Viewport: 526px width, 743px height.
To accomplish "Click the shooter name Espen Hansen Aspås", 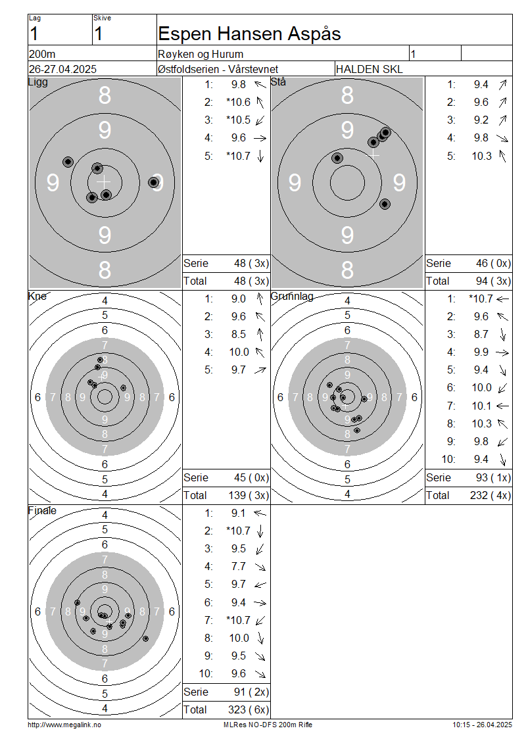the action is coord(249,34).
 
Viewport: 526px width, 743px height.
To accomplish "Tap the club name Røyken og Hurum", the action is coord(201,54).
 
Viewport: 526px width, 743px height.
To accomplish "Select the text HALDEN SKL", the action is coord(369,69).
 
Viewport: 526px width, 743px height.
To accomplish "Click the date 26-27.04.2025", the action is coord(62,69).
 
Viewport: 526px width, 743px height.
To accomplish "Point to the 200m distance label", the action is coord(42,54).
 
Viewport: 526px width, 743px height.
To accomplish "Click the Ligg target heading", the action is coord(38,82).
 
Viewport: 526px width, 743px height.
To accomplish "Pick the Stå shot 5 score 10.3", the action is coord(481,156).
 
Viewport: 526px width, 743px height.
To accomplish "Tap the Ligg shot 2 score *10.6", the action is coord(239,102).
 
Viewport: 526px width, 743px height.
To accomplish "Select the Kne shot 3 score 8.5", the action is coord(239,334).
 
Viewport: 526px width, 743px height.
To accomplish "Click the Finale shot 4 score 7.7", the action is coord(239,566).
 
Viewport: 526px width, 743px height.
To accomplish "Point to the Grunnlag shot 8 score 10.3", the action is coord(481,423).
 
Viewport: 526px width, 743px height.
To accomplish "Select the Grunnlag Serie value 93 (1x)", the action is coord(493,477).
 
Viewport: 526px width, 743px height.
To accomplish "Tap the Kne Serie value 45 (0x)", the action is coord(252,477).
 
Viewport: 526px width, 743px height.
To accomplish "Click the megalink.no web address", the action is coord(64,725).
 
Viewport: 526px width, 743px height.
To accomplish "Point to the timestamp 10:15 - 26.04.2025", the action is coord(482,725).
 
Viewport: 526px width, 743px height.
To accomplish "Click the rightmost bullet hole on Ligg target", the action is coord(153,182).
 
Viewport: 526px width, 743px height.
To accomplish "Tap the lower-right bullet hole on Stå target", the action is coord(385,204).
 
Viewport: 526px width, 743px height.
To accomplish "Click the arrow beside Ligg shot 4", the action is coord(260,138).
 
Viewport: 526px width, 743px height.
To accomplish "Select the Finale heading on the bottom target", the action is coord(42,510).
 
